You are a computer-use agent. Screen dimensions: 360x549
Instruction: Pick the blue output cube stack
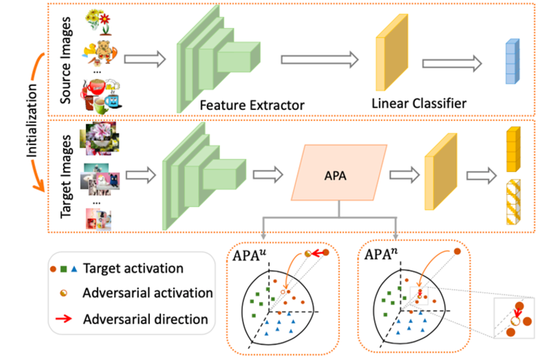click(512, 62)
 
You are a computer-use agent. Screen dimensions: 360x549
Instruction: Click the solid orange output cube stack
click(513, 150)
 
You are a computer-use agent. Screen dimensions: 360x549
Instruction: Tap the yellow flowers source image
click(100, 20)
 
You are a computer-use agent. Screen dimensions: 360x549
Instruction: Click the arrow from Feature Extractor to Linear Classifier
click(319, 60)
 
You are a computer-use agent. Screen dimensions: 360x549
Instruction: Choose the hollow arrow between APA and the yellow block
click(404, 174)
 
